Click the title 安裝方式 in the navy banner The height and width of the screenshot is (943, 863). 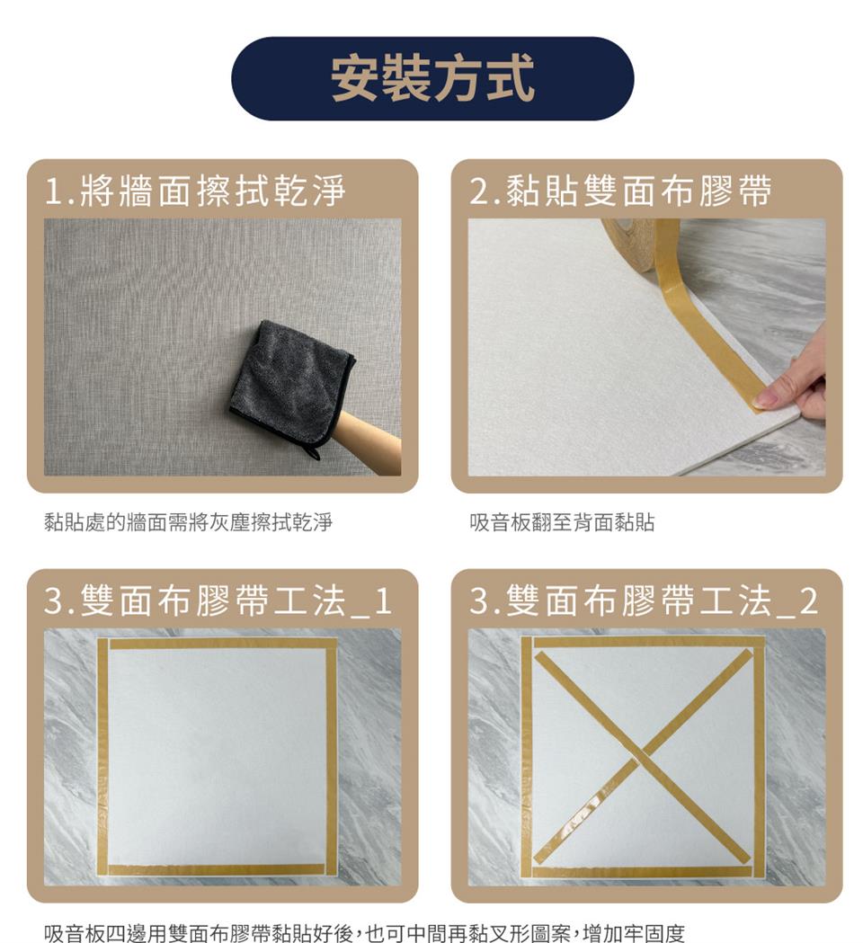(432, 78)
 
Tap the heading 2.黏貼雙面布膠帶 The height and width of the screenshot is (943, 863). (620, 191)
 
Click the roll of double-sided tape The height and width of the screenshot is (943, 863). (634, 237)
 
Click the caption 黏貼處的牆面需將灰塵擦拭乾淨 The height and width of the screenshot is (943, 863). (189, 522)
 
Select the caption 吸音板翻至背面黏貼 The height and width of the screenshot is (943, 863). (562, 522)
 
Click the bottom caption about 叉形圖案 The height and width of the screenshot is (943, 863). (364, 932)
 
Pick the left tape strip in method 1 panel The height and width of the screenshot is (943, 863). (102, 755)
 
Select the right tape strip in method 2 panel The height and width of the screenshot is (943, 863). (759, 755)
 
